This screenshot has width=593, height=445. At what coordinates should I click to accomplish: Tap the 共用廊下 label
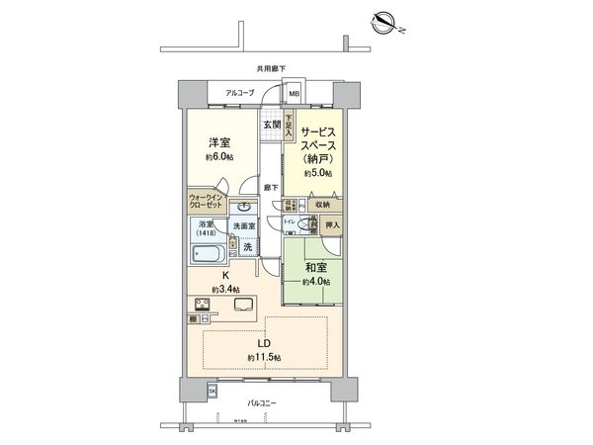[x=272, y=68]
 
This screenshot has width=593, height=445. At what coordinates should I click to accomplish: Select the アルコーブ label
[x=240, y=93]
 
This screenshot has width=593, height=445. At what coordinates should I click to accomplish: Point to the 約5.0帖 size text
[x=319, y=172]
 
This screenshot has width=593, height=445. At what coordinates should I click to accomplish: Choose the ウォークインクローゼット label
[x=207, y=202]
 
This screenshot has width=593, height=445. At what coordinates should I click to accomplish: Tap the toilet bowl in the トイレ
[x=301, y=226]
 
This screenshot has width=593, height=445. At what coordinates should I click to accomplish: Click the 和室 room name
[x=318, y=268]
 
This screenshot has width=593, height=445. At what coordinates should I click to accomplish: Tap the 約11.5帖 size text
[x=264, y=356]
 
